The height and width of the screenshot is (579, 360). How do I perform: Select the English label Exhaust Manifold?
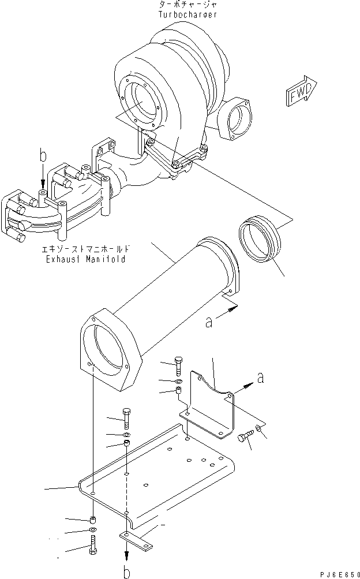click(86, 259)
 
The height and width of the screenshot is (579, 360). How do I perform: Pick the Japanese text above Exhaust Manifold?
click(86, 249)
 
